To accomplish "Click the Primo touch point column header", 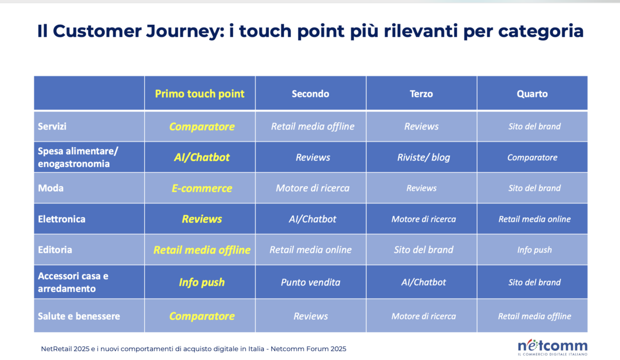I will pos(199,93).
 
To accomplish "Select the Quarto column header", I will pos(532,93).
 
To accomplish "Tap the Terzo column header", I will pos(421,93).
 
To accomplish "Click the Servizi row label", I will pos(52,126).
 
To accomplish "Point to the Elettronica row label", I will pos(61,218).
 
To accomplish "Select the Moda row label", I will pos(51,188).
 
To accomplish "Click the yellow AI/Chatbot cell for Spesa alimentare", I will pos(202,158).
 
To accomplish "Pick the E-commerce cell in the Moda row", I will pos(202,188).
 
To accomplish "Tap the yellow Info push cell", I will pos(202,282).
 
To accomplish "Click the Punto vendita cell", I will pos(311,282).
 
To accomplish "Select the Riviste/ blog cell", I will pos(423,158).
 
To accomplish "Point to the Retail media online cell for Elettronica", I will pos(534,219).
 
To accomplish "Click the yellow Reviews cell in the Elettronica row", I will pos(202,219).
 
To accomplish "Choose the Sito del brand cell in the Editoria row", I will pos(423,249).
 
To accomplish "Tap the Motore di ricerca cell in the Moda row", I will pos(312,188).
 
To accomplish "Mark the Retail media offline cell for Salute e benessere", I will pos(534,316).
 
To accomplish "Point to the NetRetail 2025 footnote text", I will pos(193,349).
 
